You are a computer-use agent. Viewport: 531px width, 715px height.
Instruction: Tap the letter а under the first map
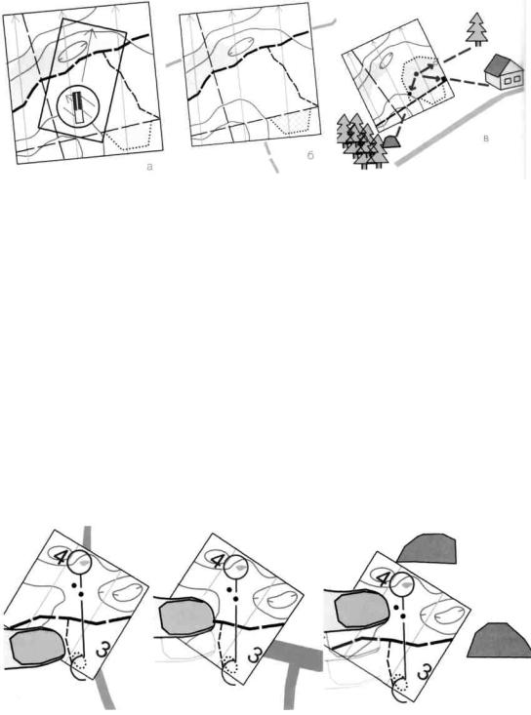(149, 168)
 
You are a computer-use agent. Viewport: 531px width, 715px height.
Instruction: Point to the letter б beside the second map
(310, 156)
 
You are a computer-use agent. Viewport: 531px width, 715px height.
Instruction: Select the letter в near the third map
(486, 139)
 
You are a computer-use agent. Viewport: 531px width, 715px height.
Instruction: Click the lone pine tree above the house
(477, 28)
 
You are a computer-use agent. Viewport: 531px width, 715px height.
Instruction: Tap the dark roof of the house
(499, 64)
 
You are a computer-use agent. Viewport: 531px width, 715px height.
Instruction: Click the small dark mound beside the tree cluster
(391, 141)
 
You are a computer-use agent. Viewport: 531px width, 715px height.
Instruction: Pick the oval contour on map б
(240, 47)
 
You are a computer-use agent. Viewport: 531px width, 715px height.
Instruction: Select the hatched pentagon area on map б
(292, 121)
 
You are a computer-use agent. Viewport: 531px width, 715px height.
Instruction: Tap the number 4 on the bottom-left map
(61, 557)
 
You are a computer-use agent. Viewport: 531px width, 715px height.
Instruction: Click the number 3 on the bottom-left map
(104, 650)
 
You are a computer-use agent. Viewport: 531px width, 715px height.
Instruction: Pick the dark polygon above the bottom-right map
(428, 548)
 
